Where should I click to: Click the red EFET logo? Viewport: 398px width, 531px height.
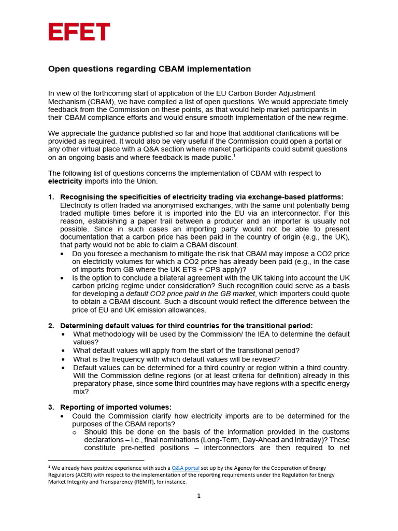point(79,32)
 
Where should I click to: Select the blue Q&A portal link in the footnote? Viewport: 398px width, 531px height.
point(186,467)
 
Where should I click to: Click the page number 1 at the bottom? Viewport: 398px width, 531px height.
point(198,496)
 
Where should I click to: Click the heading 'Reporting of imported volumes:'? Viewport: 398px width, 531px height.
point(116,407)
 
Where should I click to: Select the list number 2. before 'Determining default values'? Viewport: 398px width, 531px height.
point(51,326)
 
